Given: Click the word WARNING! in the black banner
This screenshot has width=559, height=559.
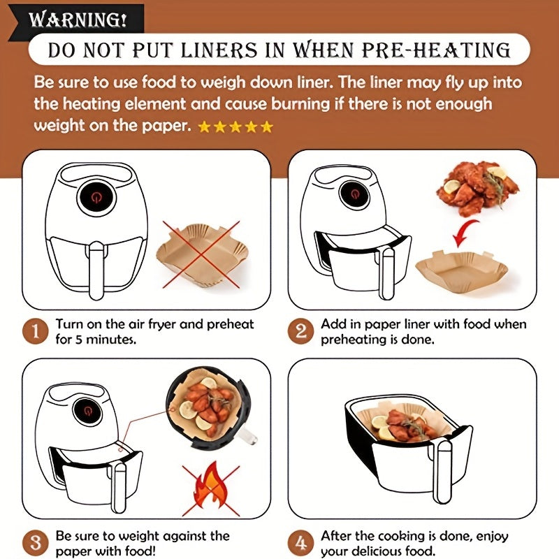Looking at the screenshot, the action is (78, 20).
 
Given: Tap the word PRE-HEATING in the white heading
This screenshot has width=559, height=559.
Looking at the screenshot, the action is (436, 50).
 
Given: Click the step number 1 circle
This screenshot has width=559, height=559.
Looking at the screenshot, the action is (35, 331).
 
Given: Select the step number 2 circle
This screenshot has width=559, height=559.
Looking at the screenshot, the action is (300, 331).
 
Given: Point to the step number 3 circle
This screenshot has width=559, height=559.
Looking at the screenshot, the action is (35, 543).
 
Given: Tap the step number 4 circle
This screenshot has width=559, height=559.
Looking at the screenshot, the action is (300, 543).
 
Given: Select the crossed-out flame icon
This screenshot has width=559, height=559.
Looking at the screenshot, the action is (211, 490).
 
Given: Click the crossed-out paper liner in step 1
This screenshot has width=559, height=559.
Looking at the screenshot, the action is (202, 255).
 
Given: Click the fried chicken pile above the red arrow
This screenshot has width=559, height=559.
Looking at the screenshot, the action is (477, 188).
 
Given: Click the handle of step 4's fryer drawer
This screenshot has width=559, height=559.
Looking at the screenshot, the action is (444, 471).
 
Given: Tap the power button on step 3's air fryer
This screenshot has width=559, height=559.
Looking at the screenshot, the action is (87, 411).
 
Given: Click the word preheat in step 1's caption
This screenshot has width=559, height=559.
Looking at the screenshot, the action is (230, 325).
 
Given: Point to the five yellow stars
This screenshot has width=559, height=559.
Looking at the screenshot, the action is (235, 126).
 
